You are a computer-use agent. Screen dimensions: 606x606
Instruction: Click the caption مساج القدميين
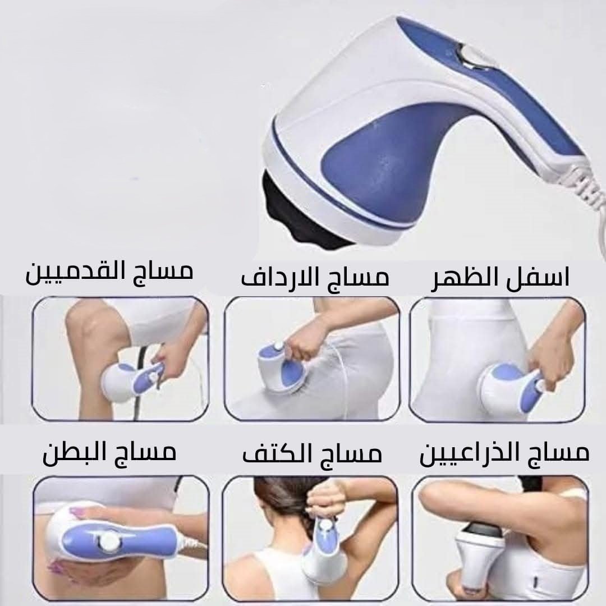click(109, 273)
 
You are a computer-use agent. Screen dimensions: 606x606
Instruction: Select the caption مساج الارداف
click(315, 278)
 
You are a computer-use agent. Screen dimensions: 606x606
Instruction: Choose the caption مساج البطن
click(109, 453)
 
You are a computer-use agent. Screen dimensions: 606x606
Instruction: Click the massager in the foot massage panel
click(131, 380)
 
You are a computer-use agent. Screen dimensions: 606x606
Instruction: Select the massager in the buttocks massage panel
click(282, 367)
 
